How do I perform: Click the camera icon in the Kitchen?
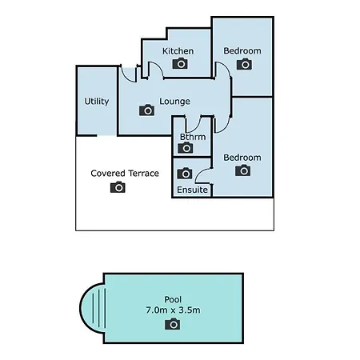[x=180, y=63]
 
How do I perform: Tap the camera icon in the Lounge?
[x=146, y=110]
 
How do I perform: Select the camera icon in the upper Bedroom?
[x=244, y=64]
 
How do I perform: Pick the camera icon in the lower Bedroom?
[x=242, y=170]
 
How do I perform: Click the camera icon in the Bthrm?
[x=186, y=147]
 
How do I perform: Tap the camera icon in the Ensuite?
[x=185, y=174]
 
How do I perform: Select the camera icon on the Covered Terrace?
[x=118, y=187]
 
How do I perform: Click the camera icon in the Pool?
[x=172, y=324]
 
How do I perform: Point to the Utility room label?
[x=97, y=102]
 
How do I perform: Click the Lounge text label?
[x=174, y=102]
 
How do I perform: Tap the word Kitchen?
[x=178, y=51]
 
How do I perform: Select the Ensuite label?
[x=192, y=190]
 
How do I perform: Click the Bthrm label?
[x=193, y=137]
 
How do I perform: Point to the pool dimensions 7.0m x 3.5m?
[x=173, y=310]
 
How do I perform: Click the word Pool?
[x=173, y=299]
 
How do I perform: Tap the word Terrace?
[x=143, y=174]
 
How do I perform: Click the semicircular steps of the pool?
[x=93, y=308]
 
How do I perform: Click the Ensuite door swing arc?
[x=199, y=174]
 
